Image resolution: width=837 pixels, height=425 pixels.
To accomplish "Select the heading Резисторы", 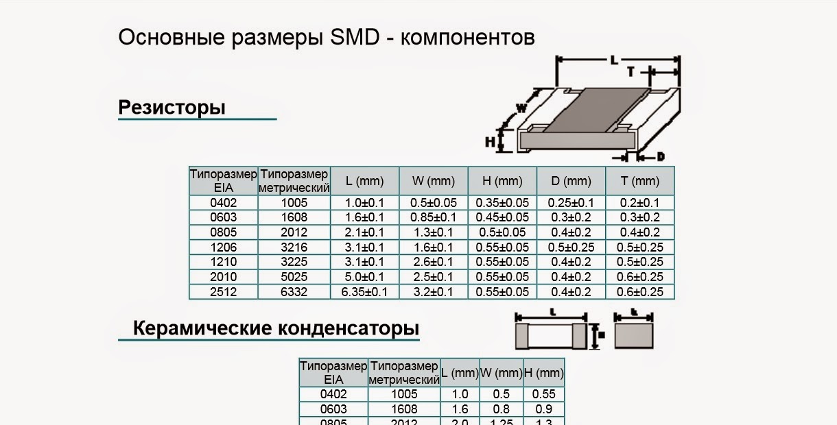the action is tap(172, 108).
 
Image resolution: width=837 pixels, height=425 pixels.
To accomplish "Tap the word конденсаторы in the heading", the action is tap(348, 328).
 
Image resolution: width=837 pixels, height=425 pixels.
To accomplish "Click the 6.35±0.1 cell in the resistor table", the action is tap(364, 292).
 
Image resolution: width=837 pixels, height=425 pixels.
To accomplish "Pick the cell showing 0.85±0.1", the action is tap(433, 217).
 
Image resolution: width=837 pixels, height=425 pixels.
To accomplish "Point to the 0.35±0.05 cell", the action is tap(502, 203).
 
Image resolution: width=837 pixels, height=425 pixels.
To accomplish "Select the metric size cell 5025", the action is tap(294, 277).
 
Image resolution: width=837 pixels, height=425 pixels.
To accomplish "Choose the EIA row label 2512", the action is tap(223, 292).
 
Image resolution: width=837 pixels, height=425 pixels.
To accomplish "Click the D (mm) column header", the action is tap(571, 181).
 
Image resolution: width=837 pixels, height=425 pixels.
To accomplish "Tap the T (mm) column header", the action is tap(639, 181).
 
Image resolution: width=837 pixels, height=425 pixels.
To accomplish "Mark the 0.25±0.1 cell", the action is tap(571, 203).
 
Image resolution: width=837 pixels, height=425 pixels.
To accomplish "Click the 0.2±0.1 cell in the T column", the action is tap(639, 203).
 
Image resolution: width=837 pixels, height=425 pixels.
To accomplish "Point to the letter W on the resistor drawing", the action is tap(521, 108).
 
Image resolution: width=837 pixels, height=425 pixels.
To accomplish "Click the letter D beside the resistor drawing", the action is tap(661, 157).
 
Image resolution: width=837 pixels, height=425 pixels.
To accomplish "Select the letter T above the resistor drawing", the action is tap(629, 71).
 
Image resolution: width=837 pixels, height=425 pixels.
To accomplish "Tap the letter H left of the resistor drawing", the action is tap(490, 142).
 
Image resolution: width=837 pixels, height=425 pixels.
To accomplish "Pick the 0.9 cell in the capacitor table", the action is tap(543, 409).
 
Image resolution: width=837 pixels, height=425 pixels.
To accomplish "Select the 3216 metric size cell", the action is tap(294, 247).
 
